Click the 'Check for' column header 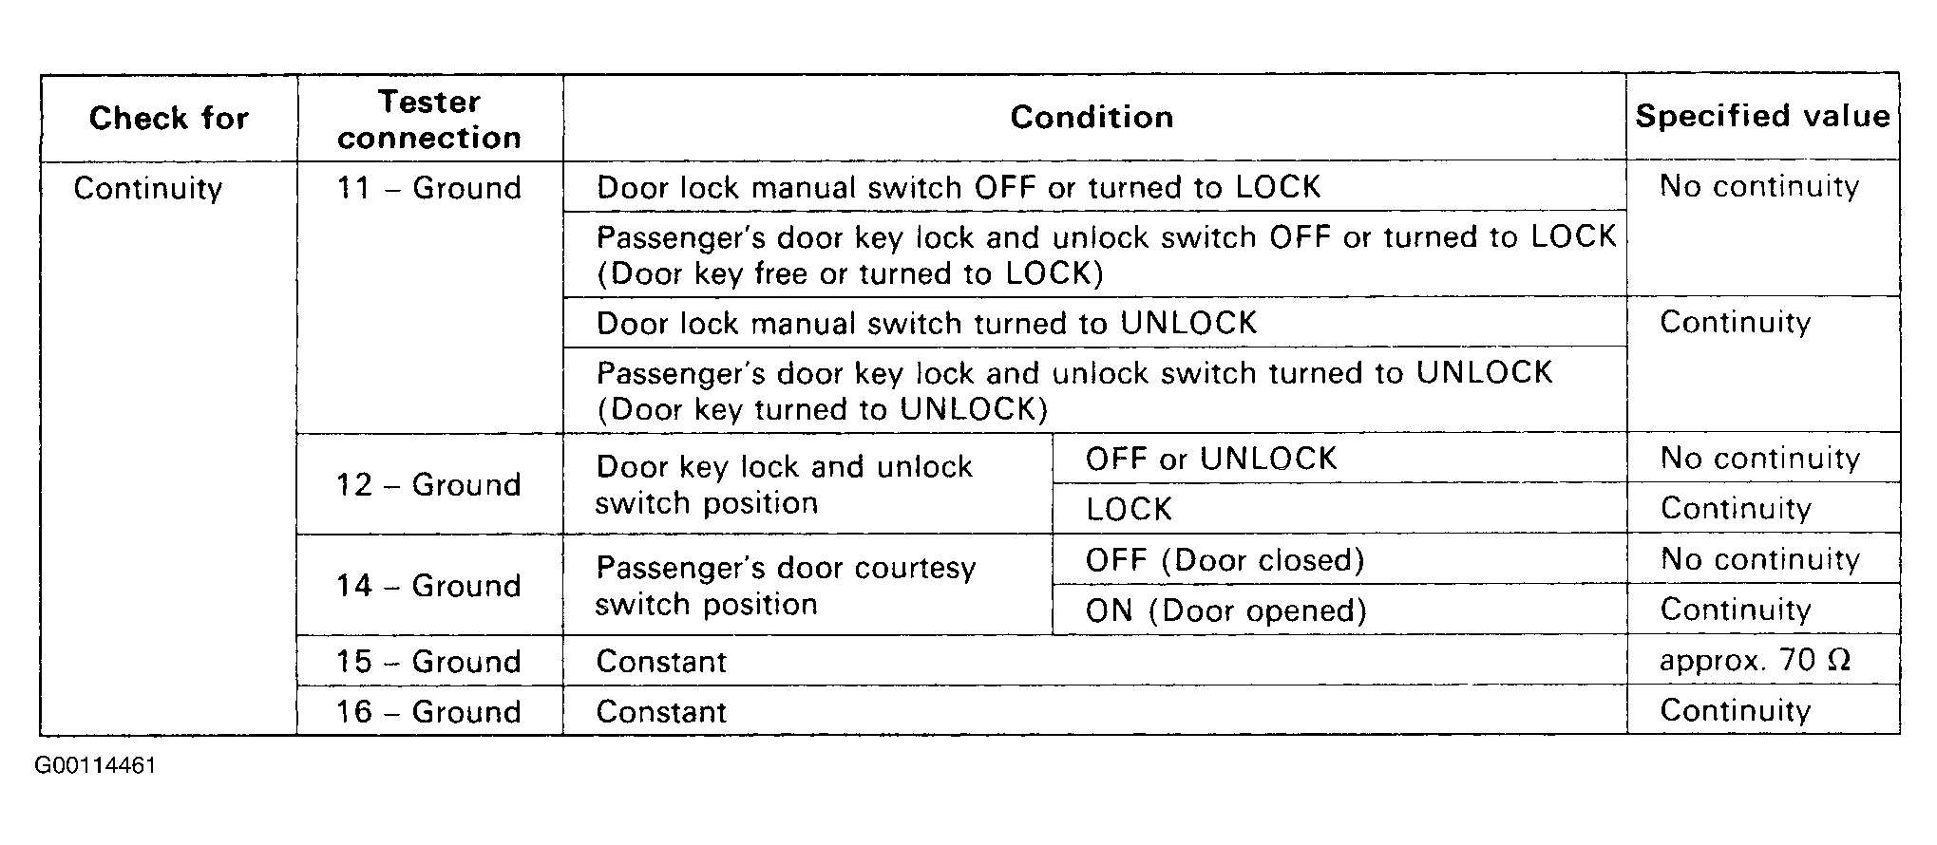click(168, 118)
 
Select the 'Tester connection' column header click(429, 120)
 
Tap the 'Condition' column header click(1092, 117)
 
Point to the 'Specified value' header click(1762, 116)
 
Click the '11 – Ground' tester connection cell click(429, 188)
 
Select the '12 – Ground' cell click(429, 484)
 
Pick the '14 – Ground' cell click(429, 585)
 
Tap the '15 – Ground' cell click(429, 661)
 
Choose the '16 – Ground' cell click(429, 711)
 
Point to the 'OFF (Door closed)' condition click(1225, 560)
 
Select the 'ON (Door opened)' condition click(1225, 610)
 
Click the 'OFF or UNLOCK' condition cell click(1211, 459)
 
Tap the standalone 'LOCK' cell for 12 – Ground click(1129, 510)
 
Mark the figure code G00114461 click(95, 766)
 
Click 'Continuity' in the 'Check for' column click(148, 188)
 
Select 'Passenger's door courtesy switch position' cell click(786, 586)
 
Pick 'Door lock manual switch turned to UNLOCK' click(927, 323)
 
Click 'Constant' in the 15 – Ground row click(661, 661)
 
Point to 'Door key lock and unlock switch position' click(784, 484)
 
